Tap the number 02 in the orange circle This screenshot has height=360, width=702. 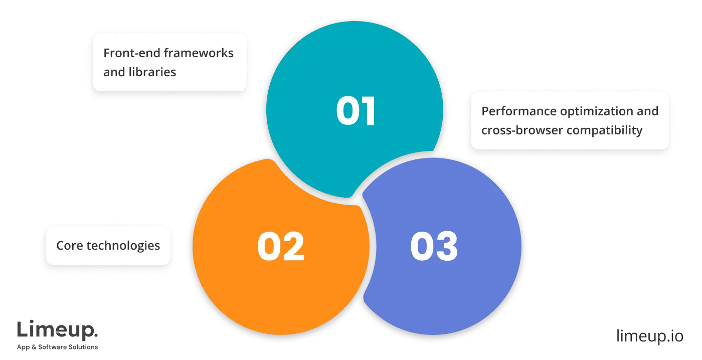(x=281, y=247)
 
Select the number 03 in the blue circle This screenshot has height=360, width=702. (x=434, y=247)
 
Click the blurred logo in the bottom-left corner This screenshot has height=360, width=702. (x=58, y=336)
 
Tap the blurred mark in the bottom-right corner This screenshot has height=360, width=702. (x=649, y=337)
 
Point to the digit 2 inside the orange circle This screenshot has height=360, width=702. (x=293, y=247)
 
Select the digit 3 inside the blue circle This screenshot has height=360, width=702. (x=446, y=247)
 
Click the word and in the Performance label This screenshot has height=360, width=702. (x=647, y=111)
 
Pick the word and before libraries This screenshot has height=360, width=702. (x=114, y=72)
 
